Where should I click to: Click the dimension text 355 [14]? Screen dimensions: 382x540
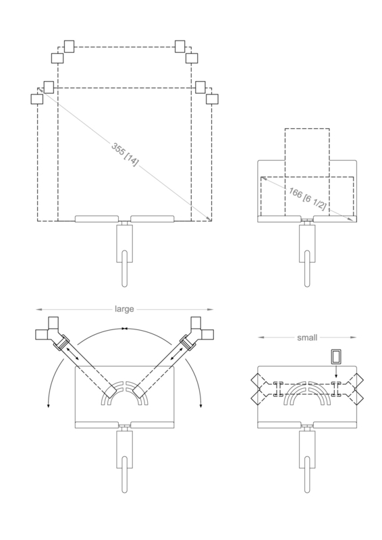click(125, 155)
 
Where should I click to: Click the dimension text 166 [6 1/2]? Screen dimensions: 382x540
click(307, 198)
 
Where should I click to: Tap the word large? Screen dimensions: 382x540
click(124, 309)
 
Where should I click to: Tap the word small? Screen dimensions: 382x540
click(307, 337)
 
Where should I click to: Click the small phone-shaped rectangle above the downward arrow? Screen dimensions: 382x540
click(336, 356)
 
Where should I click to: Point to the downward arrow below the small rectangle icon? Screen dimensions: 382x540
click(336, 371)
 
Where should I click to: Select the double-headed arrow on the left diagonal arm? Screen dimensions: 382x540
click(72, 354)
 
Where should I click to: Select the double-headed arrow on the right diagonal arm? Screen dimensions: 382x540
click(177, 354)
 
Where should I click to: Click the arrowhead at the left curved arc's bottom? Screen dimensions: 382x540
click(48, 406)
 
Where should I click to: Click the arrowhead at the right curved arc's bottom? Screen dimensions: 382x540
click(201, 406)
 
